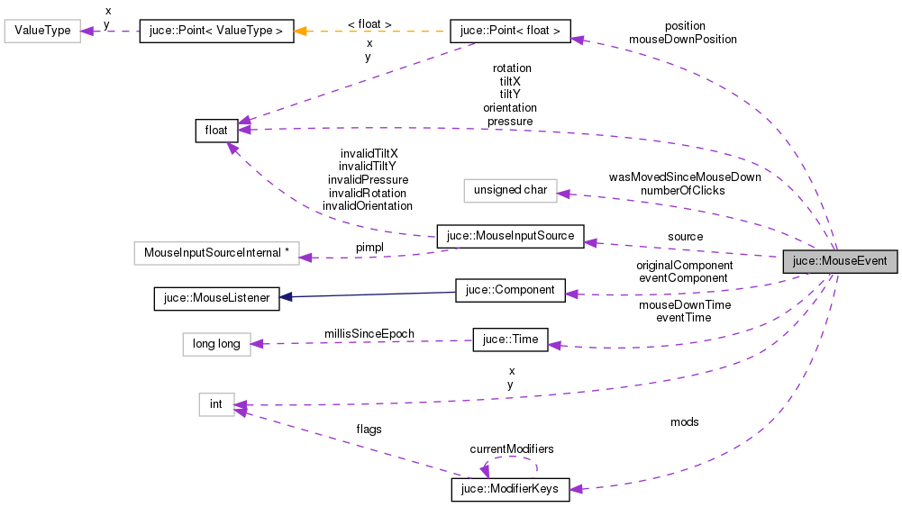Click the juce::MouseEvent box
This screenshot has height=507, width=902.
click(x=840, y=262)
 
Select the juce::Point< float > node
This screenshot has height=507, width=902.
click(x=510, y=32)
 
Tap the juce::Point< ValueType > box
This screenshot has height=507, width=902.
click(x=216, y=32)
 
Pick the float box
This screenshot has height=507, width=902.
click(x=216, y=131)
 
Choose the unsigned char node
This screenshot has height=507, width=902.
click(x=510, y=190)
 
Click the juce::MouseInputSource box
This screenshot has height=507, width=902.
click(x=510, y=237)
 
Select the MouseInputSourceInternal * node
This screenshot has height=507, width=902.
click(x=215, y=253)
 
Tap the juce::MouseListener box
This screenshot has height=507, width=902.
click(x=216, y=297)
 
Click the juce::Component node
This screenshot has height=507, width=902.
click(x=510, y=291)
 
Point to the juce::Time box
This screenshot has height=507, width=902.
click(x=510, y=340)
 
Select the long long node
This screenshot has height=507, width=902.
click(x=216, y=344)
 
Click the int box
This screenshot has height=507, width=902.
click(x=216, y=404)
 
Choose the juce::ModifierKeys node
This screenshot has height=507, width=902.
click(x=510, y=489)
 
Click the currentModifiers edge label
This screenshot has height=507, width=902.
click(x=511, y=448)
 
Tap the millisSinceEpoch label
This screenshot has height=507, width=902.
click(x=369, y=333)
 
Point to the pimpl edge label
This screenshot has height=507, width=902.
click(x=369, y=246)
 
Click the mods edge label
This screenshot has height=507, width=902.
click(x=684, y=421)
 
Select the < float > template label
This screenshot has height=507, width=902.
click(x=369, y=23)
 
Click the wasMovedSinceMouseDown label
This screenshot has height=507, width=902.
click(x=685, y=177)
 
